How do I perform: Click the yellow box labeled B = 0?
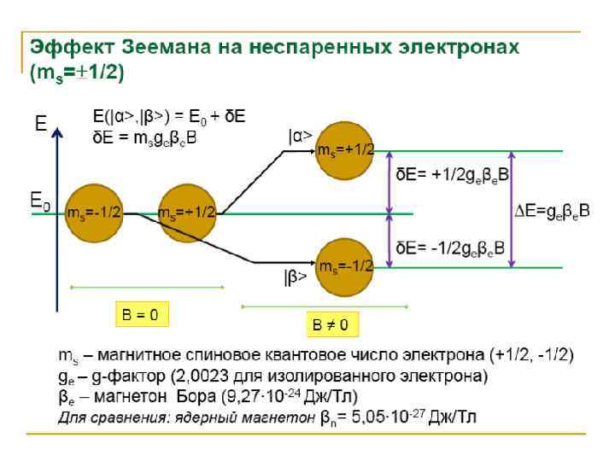(140, 315)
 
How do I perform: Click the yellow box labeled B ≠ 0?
(330, 324)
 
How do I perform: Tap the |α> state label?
(300, 135)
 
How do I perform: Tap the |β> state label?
(296, 277)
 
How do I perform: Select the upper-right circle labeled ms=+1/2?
(346, 151)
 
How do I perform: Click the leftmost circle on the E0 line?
(93, 212)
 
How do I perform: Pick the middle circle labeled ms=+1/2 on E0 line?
(187, 212)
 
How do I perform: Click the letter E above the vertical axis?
(40, 125)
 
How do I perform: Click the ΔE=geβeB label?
(552, 210)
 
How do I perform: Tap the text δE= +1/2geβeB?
(450, 173)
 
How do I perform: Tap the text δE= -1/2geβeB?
(450, 248)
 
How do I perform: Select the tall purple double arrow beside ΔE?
(512, 209)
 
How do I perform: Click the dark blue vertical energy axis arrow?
(56, 222)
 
